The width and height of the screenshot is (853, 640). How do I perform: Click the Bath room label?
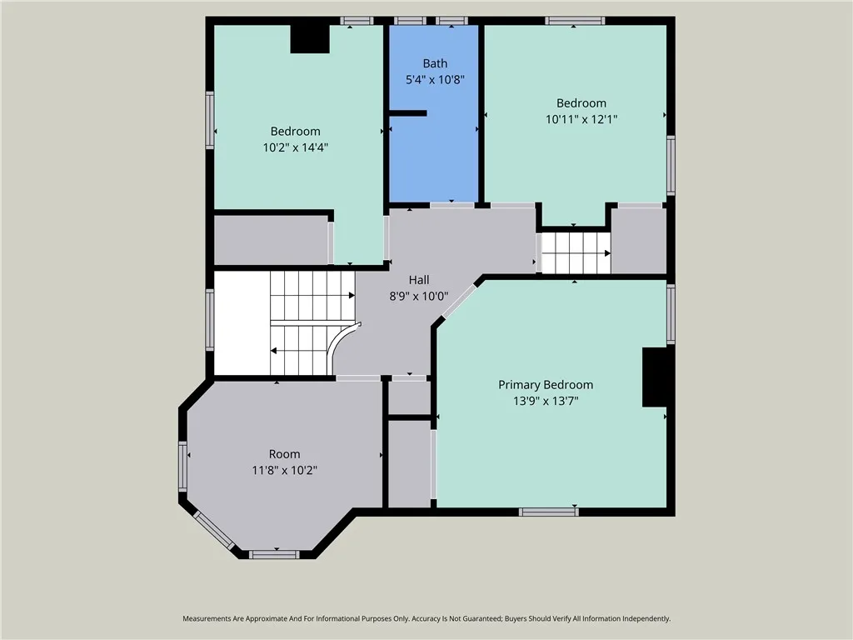tap(435, 63)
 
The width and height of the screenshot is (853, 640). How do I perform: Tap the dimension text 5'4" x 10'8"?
tap(434, 80)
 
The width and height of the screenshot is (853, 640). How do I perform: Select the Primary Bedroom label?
tap(546, 385)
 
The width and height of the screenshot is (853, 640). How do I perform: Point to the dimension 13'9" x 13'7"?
tap(546, 401)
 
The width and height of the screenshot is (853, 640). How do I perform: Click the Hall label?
tap(418, 281)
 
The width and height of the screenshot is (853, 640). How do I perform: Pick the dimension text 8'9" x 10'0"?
tap(418, 297)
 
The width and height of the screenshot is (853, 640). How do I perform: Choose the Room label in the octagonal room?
tap(284, 454)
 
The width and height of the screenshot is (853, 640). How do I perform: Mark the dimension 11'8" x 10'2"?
tap(284, 470)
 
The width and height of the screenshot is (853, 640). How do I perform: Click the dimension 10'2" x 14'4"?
tap(295, 147)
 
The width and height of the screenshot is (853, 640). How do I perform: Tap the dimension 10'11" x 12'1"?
tap(581, 119)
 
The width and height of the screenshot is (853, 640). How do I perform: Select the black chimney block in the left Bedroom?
tap(310, 39)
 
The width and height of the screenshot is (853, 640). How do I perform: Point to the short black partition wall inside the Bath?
tap(408, 113)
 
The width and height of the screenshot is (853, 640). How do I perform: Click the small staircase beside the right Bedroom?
tap(576, 252)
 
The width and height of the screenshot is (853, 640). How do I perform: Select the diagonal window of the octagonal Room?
tap(214, 530)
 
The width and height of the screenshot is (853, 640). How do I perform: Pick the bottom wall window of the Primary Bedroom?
tap(549, 512)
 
